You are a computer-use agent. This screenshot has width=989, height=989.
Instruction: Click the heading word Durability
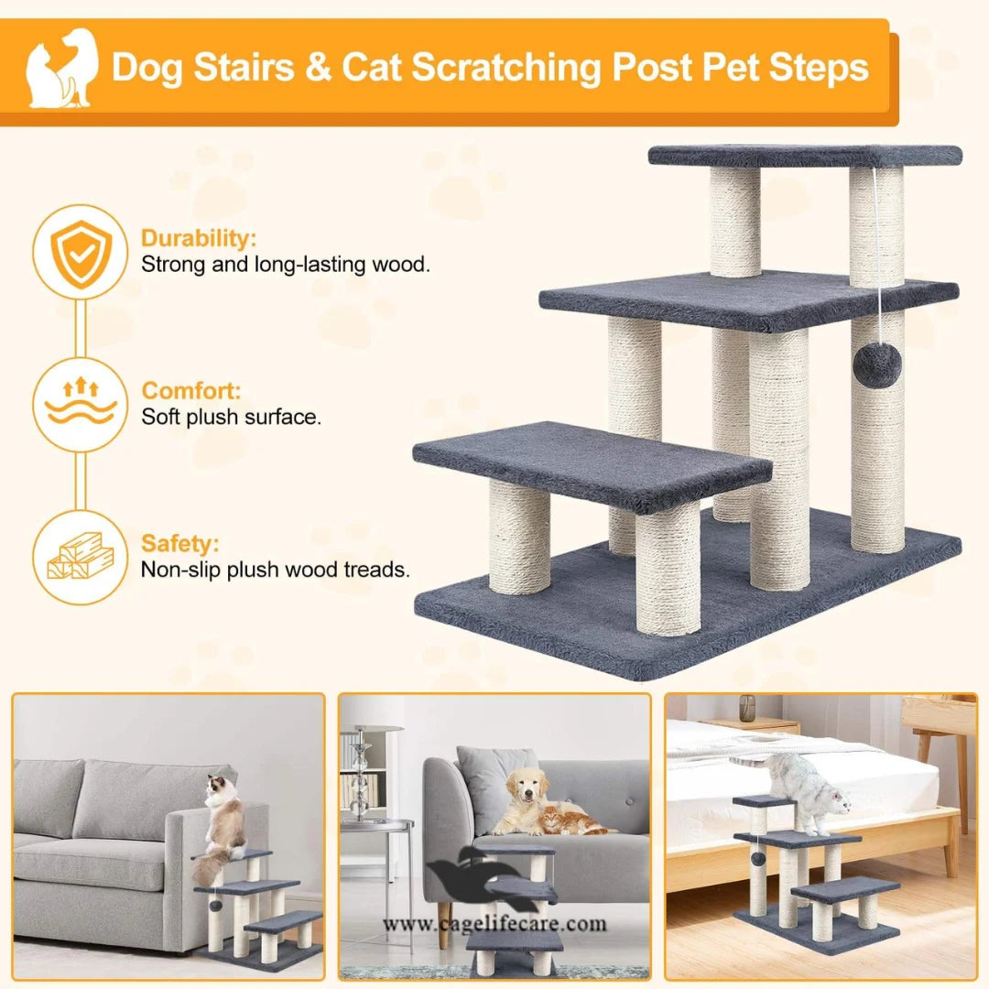click(198, 239)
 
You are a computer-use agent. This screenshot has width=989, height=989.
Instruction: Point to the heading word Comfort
click(191, 391)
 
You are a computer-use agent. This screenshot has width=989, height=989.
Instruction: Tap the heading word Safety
click(179, 543)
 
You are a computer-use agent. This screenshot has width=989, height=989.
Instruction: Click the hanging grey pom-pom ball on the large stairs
click(876, 365)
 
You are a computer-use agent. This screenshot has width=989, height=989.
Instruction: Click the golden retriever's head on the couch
click(527, 788)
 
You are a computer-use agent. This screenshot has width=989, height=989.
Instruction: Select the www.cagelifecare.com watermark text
click(494, 923)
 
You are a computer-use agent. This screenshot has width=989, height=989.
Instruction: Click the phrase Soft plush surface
click(231, 417)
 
